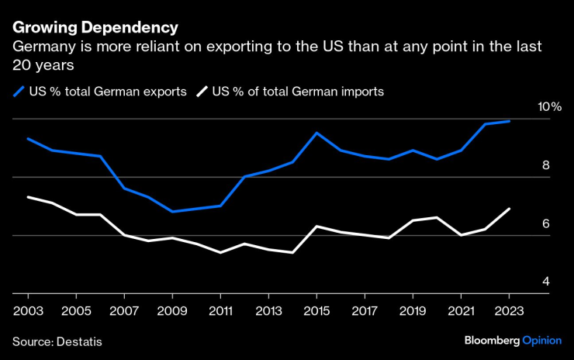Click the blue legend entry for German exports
coord(101,92)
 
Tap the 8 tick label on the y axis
coord(546,165)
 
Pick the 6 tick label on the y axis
coord(546,223)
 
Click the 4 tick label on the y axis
coord(546,282)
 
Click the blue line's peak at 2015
coord(316,133)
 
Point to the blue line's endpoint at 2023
coord(508,121)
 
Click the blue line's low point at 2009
coord(172,211)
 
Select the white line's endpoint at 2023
coord(508,209)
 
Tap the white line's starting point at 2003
coord(29,197)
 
